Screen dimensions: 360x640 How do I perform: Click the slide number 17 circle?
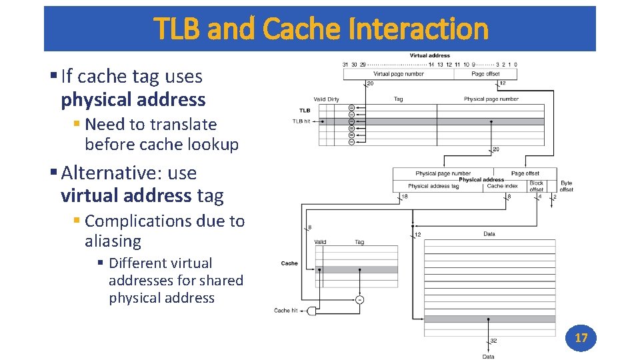coord(581,338)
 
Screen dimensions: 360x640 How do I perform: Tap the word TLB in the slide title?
coord(178,29)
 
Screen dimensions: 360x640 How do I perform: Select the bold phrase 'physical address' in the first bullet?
coord(133,100)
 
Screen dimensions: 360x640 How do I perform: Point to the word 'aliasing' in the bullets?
coord(113,241)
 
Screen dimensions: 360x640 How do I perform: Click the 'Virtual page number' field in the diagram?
coord(398,74)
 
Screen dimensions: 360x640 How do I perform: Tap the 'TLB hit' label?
coord(301,121)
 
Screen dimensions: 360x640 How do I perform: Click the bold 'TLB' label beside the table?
coord(305,111)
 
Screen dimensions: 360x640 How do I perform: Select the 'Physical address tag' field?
coord(433,187)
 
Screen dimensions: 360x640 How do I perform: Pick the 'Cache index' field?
coord(502,187)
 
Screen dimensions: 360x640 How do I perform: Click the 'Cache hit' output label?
coord(286,311)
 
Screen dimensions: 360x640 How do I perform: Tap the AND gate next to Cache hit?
coord(311,311)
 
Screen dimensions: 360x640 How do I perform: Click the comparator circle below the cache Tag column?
coord(359,299)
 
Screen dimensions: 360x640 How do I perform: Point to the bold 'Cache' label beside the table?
coord(289,263)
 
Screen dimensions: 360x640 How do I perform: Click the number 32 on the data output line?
coord(493,341)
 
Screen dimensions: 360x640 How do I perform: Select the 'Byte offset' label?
coord(566,186)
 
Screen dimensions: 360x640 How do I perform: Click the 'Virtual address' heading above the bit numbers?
coord(429,55)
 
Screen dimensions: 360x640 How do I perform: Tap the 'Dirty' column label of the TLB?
coord(333,99)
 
